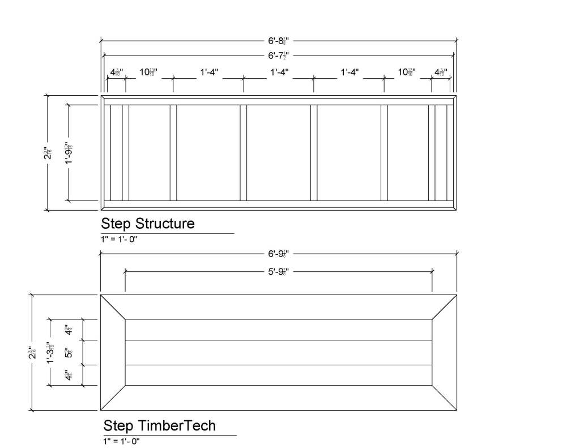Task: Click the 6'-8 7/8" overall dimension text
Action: (279, 41)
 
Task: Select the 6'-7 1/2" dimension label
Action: (279, 56)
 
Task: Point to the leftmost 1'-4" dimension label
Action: (208, 72)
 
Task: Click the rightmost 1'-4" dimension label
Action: (349, 72)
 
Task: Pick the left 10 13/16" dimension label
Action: (148, 72)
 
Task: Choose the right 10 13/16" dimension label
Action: (407, 72)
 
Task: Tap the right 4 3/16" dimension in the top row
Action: (441, 72)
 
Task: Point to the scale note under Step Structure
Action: (119, 239)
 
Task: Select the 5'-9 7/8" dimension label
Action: (279, 272)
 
